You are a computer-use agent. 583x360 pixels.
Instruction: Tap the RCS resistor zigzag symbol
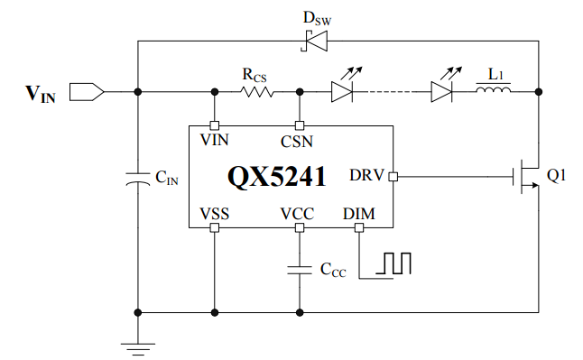click(257, 92)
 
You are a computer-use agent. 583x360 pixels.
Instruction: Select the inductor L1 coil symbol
click(494, 89)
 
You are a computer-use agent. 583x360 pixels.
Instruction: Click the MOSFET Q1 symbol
click(526, 176)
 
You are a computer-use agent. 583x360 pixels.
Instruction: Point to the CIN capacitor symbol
click(138, 179)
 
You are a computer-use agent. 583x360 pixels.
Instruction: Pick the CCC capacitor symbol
click(300, 270)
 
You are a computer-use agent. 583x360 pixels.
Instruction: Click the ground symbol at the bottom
click(138, 349)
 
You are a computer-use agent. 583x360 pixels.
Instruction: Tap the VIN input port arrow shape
click(87, 92)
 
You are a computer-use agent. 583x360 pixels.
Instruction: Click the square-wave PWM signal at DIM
click(393, 263)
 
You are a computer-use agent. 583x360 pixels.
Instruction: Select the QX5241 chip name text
click(277, 176)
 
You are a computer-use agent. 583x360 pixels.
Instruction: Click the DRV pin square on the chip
click(393, 177)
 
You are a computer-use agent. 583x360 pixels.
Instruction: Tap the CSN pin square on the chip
click(300, 125)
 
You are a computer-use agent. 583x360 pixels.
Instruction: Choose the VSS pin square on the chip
click(215, 227)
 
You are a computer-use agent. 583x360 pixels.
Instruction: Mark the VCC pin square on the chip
click(300, 227)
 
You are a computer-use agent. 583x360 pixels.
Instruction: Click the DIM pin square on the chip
click(359, 227)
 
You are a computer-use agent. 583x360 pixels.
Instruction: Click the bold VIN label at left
click(41, 94)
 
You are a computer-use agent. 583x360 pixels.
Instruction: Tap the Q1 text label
click(556, 175)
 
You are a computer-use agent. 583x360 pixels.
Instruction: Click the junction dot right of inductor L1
click(539, 92)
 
